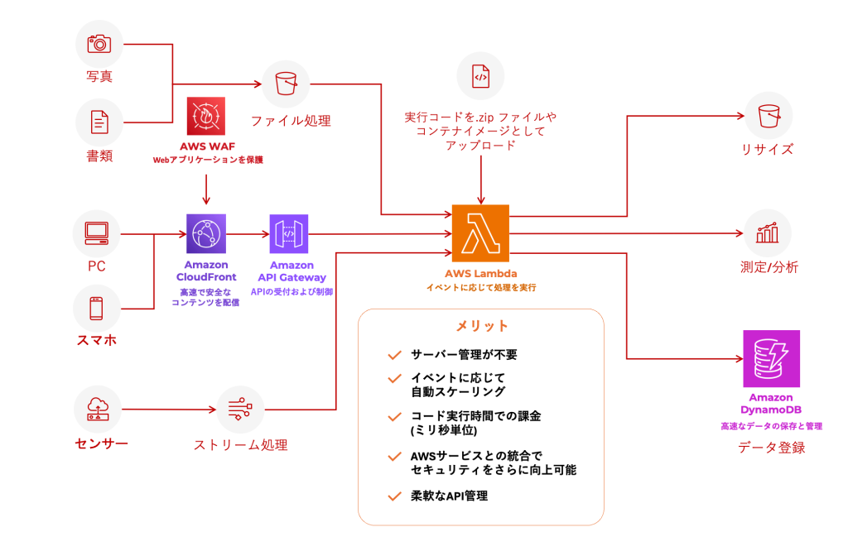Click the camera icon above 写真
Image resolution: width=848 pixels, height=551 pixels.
(x=99, y=44)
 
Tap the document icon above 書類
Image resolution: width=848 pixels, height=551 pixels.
(x=99, y=122)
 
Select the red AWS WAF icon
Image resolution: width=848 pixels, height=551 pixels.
(x=205, y=117)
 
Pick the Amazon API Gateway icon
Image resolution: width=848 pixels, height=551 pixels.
(x=289, y=234)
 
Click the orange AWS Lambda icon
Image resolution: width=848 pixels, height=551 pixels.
(x=481, y=234)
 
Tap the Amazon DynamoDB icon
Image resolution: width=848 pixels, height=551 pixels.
(x=771, y=359)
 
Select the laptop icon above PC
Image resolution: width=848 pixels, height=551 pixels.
(x=97, y=234)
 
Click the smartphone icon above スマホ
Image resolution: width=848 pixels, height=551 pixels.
(x=97, y=309)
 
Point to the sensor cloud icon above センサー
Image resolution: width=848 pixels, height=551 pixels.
(x=98, y=408)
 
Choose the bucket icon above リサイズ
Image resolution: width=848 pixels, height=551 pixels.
(x=768, y=115)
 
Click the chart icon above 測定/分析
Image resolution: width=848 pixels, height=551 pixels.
(x=768, y=233)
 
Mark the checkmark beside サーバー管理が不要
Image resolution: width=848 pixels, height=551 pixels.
(x=394, y=356)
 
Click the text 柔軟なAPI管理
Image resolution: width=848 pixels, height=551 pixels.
(x=450, y=496)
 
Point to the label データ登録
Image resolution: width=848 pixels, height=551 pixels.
(x=771, y=448)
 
